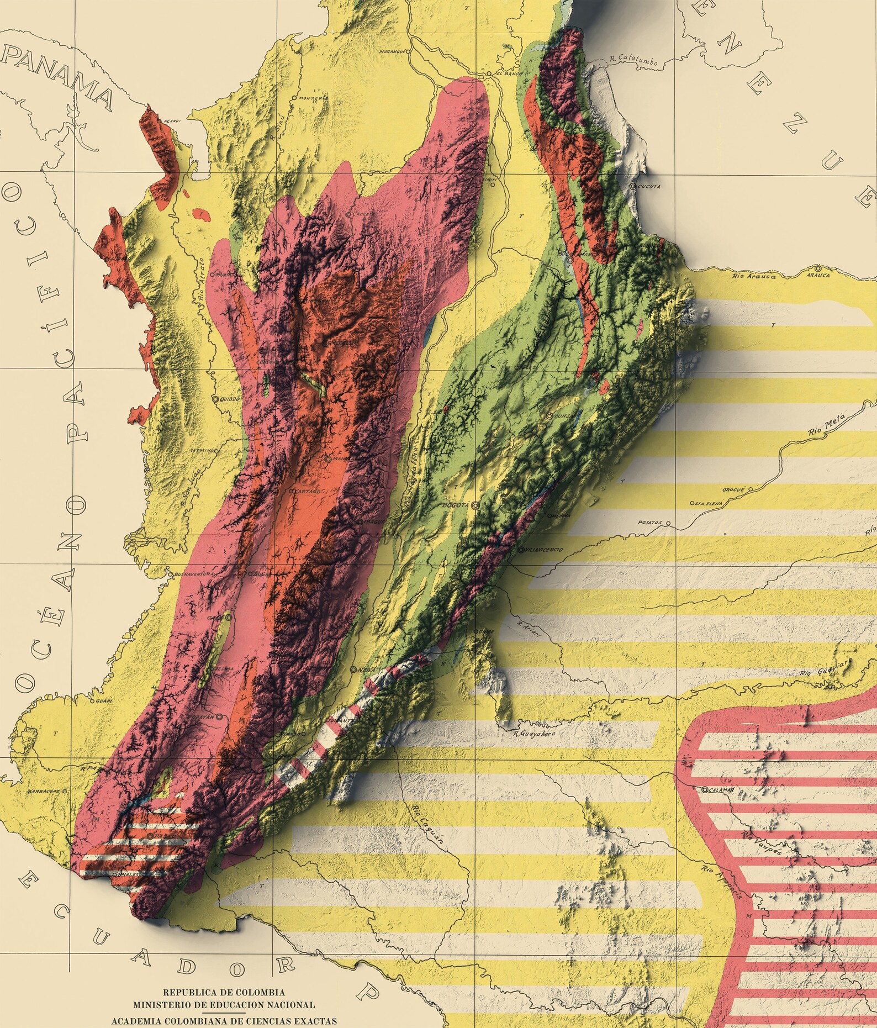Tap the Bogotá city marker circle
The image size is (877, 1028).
coord(474,505)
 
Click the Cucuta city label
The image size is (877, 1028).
coord(649,187)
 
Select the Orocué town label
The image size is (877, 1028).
coord(733,489)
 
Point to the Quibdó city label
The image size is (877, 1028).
coord(229,398)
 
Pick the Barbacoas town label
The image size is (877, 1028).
coord(45,791)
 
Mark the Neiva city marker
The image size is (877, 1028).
coord(352,669)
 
